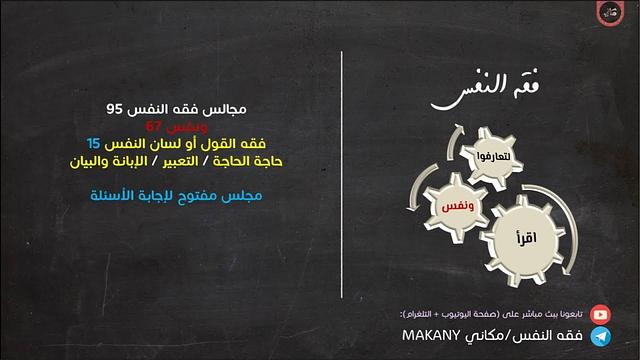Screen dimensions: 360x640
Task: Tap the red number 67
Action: (x=154, y=126)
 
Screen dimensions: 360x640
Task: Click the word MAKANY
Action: (x=430, y=337)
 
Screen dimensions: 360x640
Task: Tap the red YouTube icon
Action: (x=600, y=313)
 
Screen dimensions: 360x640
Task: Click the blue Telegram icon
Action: (x=600, y=337)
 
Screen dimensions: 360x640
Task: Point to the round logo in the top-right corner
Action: (x=610, y=14)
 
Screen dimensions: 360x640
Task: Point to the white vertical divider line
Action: (x=342, y=180)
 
